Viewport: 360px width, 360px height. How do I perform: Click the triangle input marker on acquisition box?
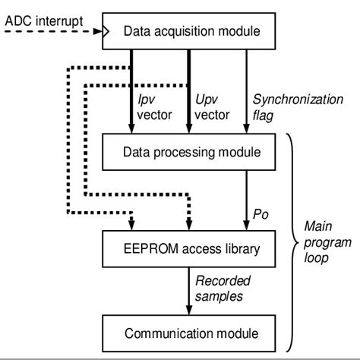106,32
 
